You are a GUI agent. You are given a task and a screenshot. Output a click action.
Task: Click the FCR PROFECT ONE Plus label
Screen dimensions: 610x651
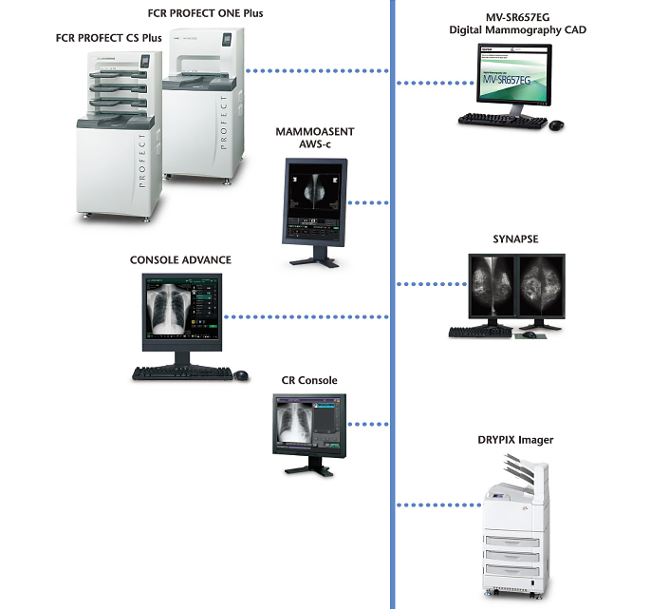pyautogui.click(x=205, y=13)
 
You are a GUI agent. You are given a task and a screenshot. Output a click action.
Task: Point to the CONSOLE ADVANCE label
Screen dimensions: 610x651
pyautogui.click(x=180, y=259)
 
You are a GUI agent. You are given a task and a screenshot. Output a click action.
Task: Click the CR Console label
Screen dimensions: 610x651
pyautogui.click(x=309, y=381)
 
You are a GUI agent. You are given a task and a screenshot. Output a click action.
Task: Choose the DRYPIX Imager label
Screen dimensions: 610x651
pyautogui.click(x=515, y=440)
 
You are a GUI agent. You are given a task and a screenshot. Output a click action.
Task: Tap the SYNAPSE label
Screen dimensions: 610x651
pyautogui.click(x=515, y=239)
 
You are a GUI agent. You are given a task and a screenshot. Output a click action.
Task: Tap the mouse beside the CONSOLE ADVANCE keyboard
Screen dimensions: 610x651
pyautogui.click(x=241, y=373)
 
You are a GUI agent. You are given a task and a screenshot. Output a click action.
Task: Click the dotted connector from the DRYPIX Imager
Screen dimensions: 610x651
pyautogui.click(x=437, y=505)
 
